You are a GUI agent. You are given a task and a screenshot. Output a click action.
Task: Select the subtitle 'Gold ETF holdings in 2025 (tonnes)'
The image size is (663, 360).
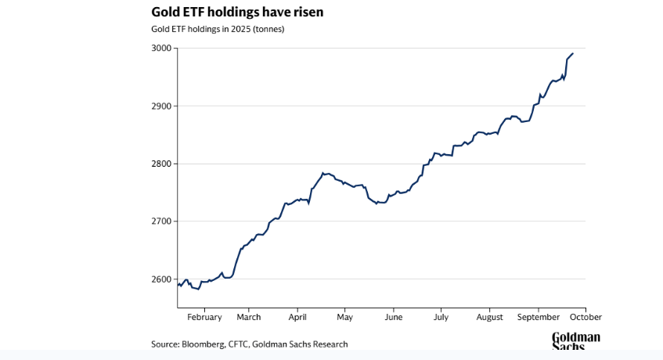click(218, 30)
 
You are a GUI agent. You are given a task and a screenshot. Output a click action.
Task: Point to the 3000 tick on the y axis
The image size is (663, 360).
click(161, 48)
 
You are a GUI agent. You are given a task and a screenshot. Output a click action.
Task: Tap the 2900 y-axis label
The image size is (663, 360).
click(161, 106)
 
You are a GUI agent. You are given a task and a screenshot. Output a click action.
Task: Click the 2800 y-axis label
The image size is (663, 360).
click(161, 164)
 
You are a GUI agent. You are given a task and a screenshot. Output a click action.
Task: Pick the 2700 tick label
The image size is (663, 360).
click(161, 221)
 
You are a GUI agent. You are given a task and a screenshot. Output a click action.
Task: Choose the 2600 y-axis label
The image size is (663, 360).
click(161, 279)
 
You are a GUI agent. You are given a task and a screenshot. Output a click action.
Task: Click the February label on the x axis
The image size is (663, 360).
click(204, 317)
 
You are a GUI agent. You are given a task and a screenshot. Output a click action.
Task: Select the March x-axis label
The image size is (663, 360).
click(249, 317)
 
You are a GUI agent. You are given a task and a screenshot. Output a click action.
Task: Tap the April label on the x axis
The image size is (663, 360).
click(297, 317)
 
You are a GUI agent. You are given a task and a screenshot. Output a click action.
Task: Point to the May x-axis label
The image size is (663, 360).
click(345, 317)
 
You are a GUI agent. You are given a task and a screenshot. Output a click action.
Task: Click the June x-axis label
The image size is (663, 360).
click(394, 317)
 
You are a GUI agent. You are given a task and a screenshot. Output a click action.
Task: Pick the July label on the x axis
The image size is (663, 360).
click(441, 317)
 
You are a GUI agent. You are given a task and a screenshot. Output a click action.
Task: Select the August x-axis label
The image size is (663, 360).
click(489, 317)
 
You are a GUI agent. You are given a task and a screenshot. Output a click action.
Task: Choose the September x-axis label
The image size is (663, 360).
click(539, 317)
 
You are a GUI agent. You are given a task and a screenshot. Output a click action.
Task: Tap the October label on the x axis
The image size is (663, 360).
click(586, 317)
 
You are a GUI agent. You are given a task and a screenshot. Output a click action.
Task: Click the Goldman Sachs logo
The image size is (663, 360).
click(575, 341)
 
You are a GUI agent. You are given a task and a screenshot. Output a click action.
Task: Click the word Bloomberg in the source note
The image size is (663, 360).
click(202, 344)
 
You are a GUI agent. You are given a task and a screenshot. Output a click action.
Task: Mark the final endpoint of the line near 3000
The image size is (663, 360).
click(573, 53)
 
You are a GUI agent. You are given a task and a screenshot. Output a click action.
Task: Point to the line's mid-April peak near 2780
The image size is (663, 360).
click(323, 173)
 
